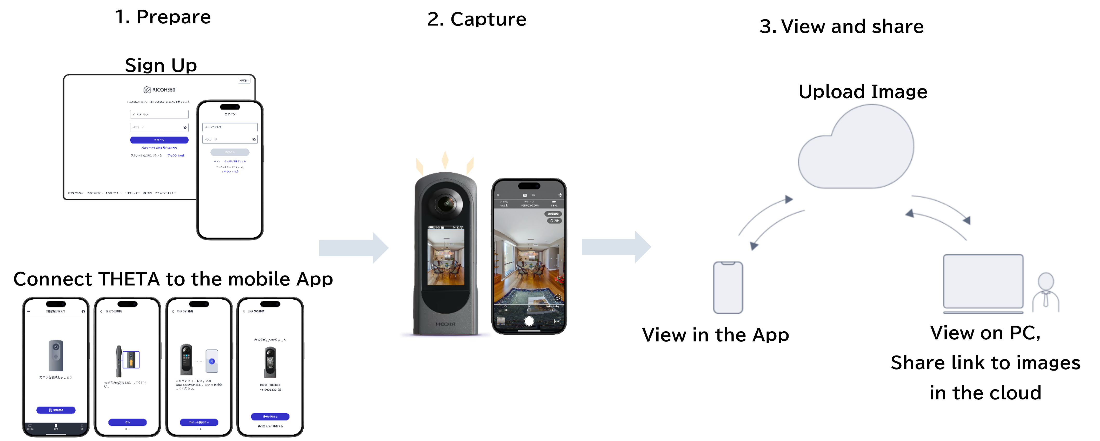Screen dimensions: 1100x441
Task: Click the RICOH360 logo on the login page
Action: [x=159, y=90]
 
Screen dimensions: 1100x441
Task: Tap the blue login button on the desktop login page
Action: [x=159, y=140]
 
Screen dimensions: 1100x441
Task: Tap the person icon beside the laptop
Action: [x=1046, y=293]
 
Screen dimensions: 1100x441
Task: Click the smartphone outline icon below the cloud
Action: [x=728, y=287]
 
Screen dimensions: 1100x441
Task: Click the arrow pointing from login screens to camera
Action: [x=354, y=248]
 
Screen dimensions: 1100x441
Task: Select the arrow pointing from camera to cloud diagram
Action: [x=616, y=247]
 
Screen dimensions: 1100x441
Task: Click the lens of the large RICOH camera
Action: [x=446, y=203]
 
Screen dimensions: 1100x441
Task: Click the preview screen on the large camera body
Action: [x=446, y=257]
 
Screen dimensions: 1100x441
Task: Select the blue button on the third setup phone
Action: [x=199, y=422]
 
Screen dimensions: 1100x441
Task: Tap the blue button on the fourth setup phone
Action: [x=270, y=416]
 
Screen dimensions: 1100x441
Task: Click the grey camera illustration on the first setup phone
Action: [x=56, y=355]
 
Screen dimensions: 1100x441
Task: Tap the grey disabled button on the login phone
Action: [x=230, y=152]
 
